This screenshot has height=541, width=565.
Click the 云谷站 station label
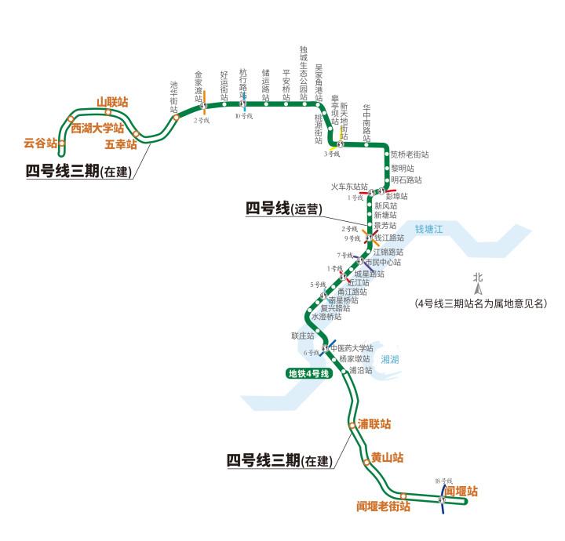coord(40,143)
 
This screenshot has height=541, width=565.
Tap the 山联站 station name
coord(111,102)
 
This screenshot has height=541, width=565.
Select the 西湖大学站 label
coord(97,128)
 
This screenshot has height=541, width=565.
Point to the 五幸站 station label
coord(120,145)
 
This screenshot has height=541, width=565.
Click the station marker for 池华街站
coord(176,117)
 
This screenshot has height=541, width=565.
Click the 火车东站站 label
coord(349,187)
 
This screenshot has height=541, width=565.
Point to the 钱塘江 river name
coord(429,229)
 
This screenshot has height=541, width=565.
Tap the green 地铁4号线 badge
coord(309,374)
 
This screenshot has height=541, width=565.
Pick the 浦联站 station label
coord(374,424)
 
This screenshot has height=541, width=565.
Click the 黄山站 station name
coord(387,457)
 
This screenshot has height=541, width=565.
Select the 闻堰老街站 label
coord(383,507)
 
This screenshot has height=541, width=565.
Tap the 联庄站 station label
coord(302,336)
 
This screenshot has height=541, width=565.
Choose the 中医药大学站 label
coord(352,348)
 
